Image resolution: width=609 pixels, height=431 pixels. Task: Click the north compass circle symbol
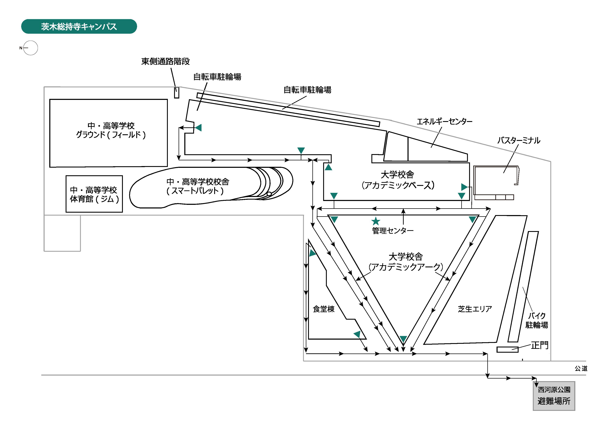pos(31,48)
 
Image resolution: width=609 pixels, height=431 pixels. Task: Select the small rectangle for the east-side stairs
pos(176,93)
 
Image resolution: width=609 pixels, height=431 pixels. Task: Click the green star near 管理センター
pos(376,221)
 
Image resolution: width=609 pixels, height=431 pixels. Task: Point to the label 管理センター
pos(393,231)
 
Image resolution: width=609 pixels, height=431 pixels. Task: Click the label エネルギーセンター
pos(444,122)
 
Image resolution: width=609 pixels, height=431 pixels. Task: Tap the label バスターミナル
pos(519,141)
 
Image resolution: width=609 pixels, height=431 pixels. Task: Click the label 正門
pos(540,345)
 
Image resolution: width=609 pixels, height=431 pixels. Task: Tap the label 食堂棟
pos(324,309)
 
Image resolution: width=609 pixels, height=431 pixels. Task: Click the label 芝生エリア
pos(475,309)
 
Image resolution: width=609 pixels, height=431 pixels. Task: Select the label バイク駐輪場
pos(537,320)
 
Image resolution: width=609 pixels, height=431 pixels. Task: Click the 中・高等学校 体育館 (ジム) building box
pos(94,194)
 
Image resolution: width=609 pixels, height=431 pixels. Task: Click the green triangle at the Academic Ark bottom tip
pos(403,339)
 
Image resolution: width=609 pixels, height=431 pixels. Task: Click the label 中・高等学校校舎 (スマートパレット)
pos(198,186)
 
